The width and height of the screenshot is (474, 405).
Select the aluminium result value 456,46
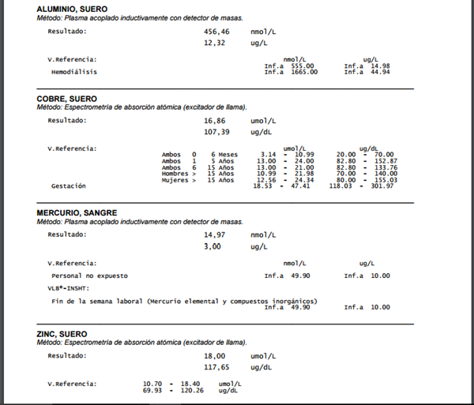(216, 32)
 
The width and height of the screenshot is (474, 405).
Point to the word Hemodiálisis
(73, 72)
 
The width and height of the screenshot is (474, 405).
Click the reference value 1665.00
(303, 72)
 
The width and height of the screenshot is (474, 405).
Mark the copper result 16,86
(215, 121)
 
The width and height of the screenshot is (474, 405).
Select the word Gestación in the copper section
(68, 186)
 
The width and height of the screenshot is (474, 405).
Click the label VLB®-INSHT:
(71, 288)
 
